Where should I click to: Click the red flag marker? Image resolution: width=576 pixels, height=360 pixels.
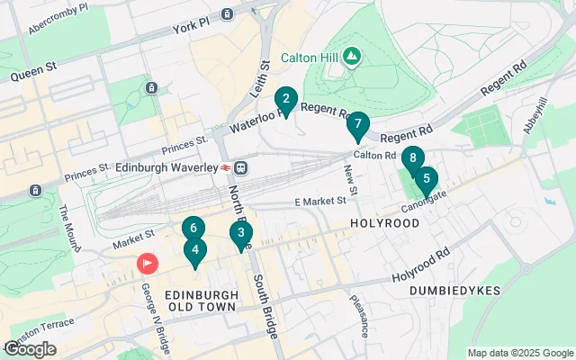[x=146, y=263]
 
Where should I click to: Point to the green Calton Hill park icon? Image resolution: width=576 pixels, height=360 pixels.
[x=351, y=57]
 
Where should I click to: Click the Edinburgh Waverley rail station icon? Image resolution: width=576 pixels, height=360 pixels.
[x=241, y=167]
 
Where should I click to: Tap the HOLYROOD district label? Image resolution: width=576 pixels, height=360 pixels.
[x=384, y=222]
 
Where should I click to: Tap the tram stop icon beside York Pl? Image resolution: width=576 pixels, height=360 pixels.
[x=227, y=14]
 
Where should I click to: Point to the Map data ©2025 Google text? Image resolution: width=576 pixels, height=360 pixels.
[x=520, y=353]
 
